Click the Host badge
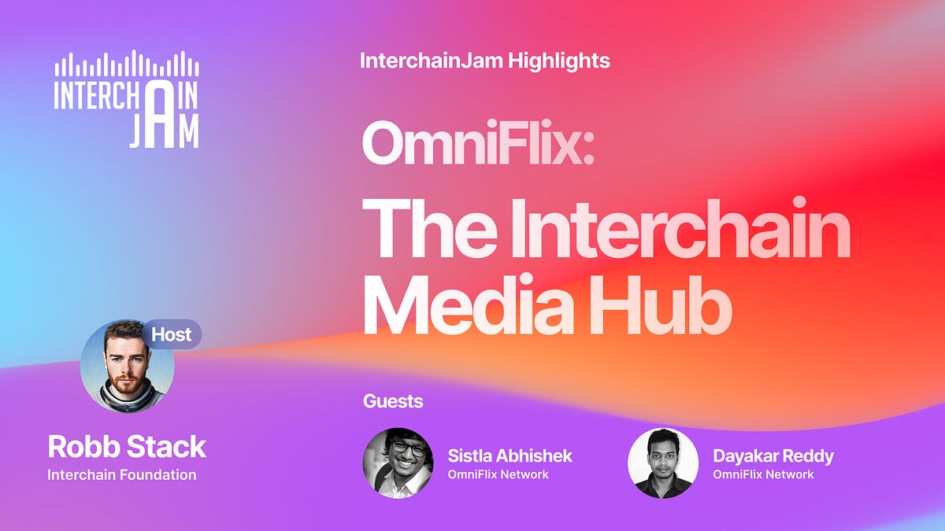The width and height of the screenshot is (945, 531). [172, 334]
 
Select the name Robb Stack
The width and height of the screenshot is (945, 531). [127, 447]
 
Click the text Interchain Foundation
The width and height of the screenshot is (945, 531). [121, 474]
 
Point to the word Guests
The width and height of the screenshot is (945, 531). [393, 401]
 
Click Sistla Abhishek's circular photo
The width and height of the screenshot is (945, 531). [398, 463]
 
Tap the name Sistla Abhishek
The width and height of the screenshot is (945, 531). [510, 455]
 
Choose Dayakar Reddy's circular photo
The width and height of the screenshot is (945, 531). [663, 463]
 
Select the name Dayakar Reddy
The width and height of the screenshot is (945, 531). [773, 455]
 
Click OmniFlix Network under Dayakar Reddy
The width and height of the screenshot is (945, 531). [763, 474]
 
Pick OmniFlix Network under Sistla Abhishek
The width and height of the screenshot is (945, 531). [498, 474]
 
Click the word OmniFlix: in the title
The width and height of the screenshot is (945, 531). [477, 146]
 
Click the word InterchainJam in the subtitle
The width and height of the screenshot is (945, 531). [432, 61]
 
